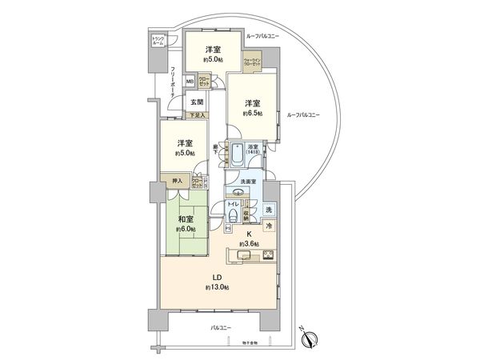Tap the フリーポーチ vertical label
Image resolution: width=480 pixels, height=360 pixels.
tap(174, 82)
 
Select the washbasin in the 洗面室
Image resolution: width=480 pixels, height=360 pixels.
tap(238, 192)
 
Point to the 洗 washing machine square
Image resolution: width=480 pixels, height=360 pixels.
tap(269, 210)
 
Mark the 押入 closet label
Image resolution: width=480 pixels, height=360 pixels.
tap(178, 182)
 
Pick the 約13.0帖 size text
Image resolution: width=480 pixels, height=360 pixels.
tap(216, 287)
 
